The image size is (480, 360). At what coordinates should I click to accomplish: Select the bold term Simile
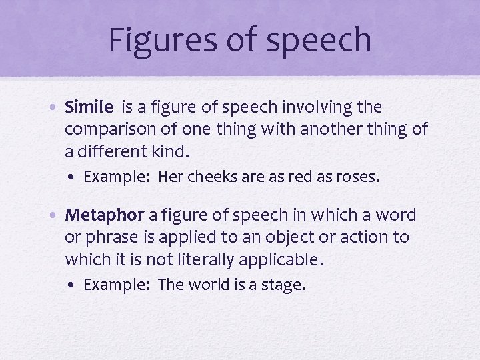(x=90, y=107)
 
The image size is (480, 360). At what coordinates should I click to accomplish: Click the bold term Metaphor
(x=105, y=215)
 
